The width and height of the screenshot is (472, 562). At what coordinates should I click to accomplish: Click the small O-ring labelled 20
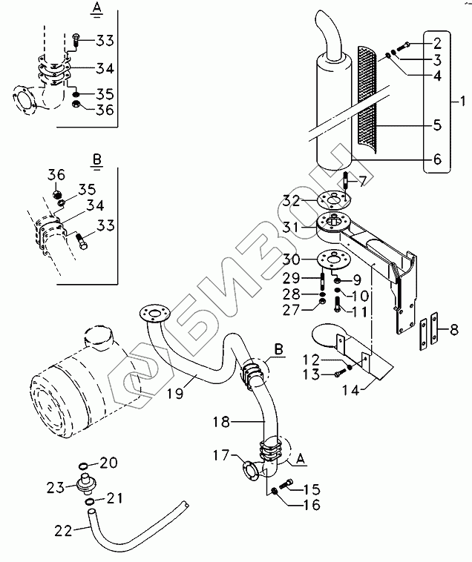pyautogui.click(x=85, y=465)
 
